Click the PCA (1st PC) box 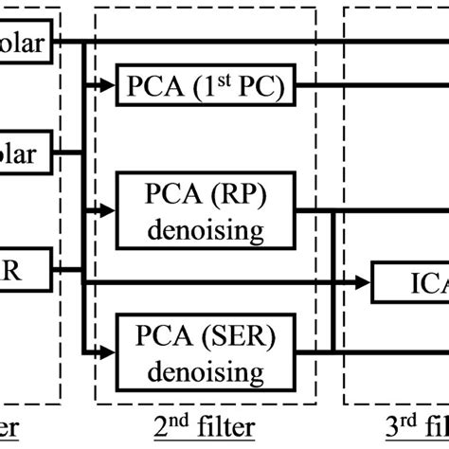coord(206,89)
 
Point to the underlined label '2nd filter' coord(207,427)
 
